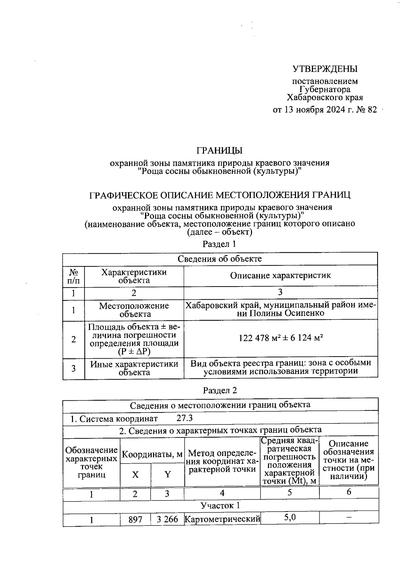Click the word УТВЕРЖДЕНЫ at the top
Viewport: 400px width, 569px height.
(x=325, y=69)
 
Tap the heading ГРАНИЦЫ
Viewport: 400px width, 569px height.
(x=219, y=151)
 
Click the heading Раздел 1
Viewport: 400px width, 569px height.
(x=219, y=244)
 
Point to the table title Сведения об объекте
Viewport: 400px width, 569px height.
(x=220, y=259)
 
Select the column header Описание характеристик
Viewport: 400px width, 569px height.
(x=280, y=275)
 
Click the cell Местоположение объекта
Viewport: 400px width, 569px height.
(x=134, y=310)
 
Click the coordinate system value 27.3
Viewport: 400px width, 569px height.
(x=185, y=418)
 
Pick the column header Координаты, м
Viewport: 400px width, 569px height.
(x=152, y=454)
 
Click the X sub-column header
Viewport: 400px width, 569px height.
(x=135, y=475)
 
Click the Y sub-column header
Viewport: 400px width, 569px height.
(x=167, y=475)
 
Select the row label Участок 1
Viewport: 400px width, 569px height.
(x=220, y=505)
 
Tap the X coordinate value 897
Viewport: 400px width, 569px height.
(x=135, y=520)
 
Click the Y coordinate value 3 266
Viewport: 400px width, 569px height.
(x=167, y=520)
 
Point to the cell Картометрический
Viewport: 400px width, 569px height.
(x=222, y=520)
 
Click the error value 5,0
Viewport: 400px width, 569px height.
(x=290, y=518)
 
